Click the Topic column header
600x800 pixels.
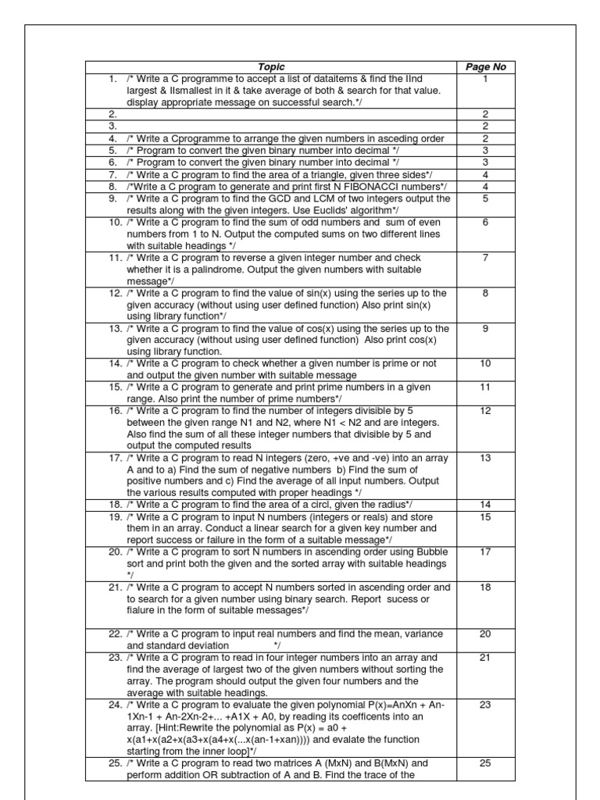click(274, 67)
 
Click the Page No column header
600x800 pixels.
click(485, 67)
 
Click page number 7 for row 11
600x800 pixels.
click(485, 258)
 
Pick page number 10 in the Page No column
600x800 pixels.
click(485, 364)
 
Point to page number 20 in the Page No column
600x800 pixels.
click(485, 634)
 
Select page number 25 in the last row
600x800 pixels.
click(485, 763)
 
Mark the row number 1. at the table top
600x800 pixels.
click(114, 79)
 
